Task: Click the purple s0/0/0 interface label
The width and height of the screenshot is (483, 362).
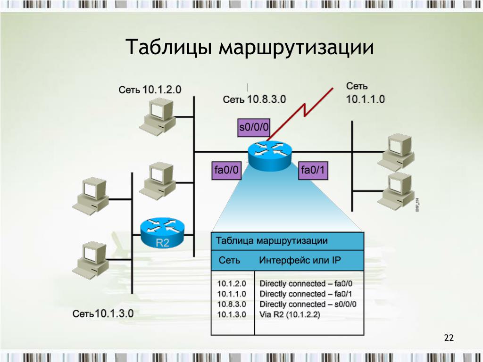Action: (x=254, y=127)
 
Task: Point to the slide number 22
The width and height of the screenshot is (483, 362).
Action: (x=448, y=337)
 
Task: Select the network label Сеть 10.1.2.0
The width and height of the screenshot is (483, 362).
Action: (x=150, y=90)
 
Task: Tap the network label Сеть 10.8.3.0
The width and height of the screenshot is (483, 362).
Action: (x=254, y=99)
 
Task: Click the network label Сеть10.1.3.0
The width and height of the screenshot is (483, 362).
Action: (x=103, y=313)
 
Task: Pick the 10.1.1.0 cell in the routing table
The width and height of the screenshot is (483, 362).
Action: (x=232, y=294)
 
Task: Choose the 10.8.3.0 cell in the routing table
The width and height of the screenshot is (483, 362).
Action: (x=232, y=304)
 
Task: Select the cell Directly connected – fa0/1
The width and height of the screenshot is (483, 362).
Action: (x=306, y=294)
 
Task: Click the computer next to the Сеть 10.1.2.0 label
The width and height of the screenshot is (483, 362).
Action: (x=158, y=115)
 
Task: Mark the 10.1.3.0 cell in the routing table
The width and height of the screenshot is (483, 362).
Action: (x=232, y=314)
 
